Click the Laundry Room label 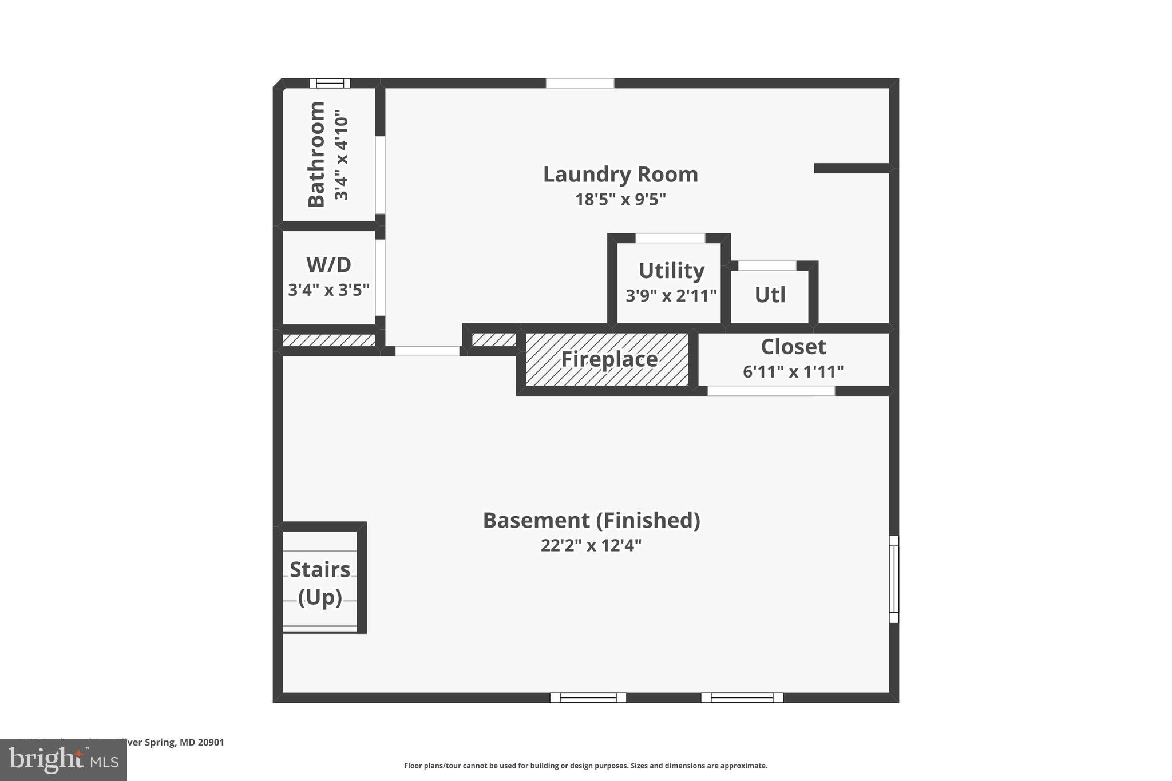(x=620, y=175)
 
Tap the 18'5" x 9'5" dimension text (x=620, y=200)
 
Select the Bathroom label (x=316, y=154)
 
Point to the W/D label (x=328, y=265)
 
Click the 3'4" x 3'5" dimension (x=328, y=290)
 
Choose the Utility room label (x=671, y=270)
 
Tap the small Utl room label (x=770, y=295)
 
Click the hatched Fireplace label (x=609, y=359)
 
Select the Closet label (x=793, y=347)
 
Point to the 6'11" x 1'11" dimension (x=793, y=372)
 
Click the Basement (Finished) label (x=591, y=520)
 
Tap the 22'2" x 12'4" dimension (x=591, y=545)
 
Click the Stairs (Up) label (x=320, y=582)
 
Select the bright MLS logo (x=64, y=760)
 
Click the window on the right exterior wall (x=893, y=578)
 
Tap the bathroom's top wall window (x=330, y=83)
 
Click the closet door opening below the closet (x=771, y=391)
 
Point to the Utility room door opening (x=670, y=238)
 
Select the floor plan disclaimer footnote (x=585, y=766)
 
